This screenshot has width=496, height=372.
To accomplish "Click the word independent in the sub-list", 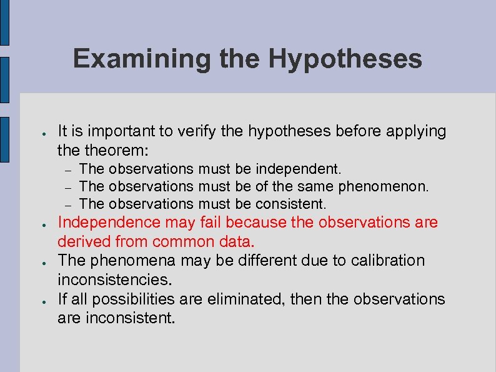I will tap(299, 169).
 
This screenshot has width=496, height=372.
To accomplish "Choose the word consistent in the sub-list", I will tap(290, 204).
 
